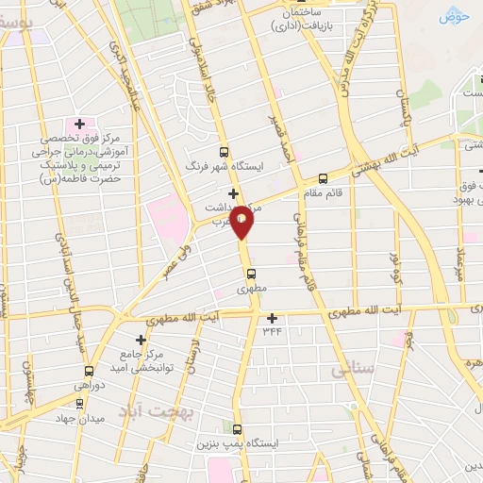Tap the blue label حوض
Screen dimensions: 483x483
tap(453, 16)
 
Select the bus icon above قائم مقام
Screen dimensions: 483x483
tap(324, 176)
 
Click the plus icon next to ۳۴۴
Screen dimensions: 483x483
tap(273, 318)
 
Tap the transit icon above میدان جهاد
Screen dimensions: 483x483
tap(80, 403)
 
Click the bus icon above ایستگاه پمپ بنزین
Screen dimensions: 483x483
tap(237, 428)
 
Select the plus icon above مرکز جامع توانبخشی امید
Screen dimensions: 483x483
tap(141, 340)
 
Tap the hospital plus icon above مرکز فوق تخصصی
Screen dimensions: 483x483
tap(79, 124)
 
